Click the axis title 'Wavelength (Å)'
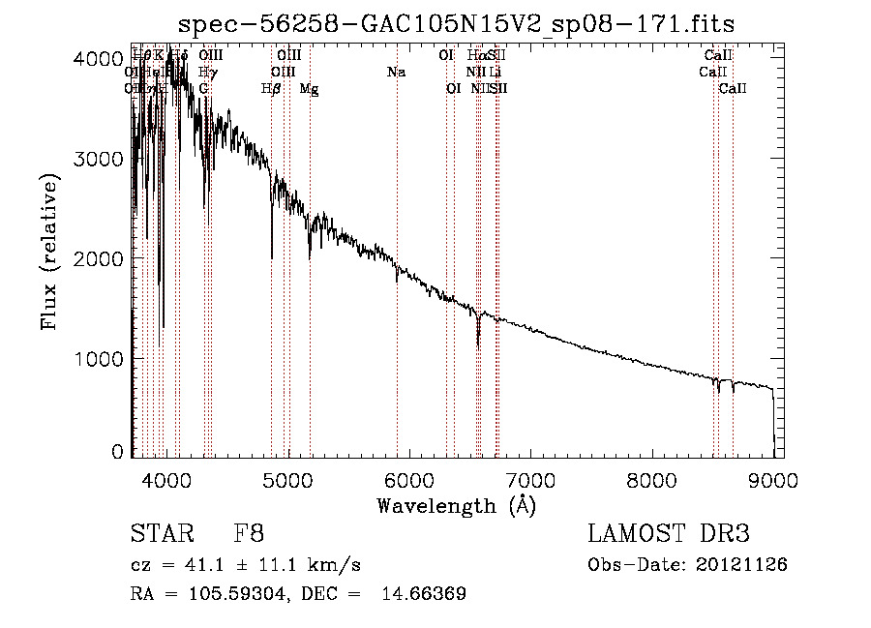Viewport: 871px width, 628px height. coord(456,505)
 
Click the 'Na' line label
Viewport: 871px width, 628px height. coord(396,72)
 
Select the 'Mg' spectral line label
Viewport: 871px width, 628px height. coord(309,88)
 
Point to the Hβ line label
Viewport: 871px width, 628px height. coord(271,88)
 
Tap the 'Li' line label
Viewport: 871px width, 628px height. coord(495,72)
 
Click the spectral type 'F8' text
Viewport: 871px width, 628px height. coord(249,533)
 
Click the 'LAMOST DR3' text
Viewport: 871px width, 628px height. coord(669,533)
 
